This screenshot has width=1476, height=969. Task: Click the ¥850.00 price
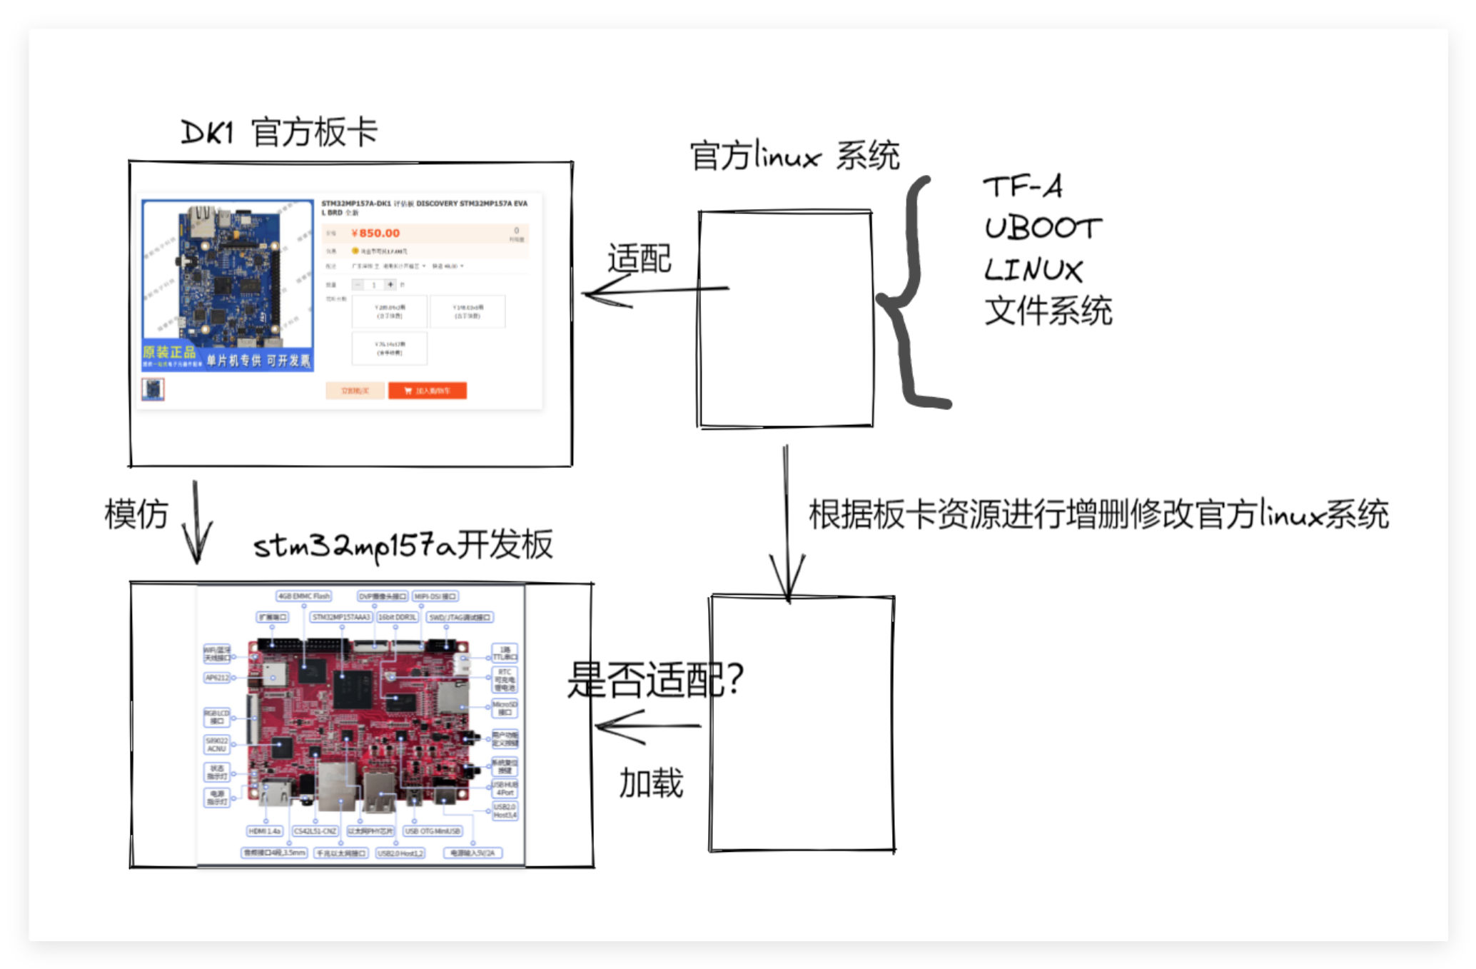pos(375,234)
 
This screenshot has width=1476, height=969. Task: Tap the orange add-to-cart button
pos(427,391)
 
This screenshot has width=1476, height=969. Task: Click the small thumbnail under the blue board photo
pos(153,389)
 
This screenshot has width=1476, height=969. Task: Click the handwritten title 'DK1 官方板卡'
pos(279,133)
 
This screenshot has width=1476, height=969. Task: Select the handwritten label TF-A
pos(1023,187)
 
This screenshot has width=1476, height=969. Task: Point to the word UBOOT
pos(1043,229)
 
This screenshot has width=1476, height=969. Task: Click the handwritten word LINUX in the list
pos(1033,270)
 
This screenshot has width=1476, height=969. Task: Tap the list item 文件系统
pos(1048,311)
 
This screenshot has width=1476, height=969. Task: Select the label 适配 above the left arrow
pos(639,258)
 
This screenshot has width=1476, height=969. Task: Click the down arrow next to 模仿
pos(196,525)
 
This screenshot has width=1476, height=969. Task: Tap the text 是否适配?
pos(654,680)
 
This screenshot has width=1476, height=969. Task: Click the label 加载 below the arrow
pos(651,783)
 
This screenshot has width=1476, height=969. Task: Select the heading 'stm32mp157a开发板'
pos(403,546)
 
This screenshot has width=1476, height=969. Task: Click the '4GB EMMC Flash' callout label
pos(304,596)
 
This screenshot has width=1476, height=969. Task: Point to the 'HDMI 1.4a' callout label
pos(265,831)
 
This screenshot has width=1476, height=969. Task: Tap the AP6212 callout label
pos(217,678)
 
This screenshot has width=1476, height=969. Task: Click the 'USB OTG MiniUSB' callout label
pos(433,831)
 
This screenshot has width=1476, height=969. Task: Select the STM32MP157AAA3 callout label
pos(341,617)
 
